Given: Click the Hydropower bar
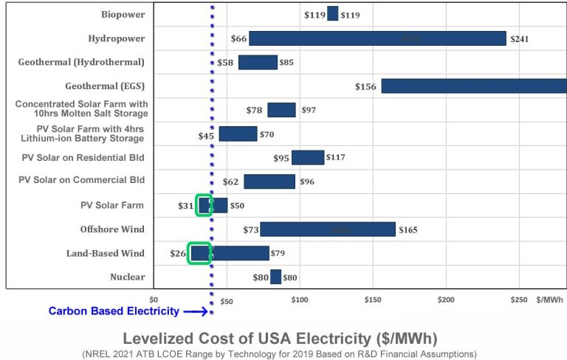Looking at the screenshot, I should pos(377,38).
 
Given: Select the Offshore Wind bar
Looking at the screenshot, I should pos(327,229).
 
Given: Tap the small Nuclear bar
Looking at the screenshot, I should pos(275,277).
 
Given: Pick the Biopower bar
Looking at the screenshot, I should pos(332,14).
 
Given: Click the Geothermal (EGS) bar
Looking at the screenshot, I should pos(473,86).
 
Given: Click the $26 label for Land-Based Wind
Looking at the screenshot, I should pos(178,254).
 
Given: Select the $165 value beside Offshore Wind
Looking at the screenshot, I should pos(408,230).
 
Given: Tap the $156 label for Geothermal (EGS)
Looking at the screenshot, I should pos(366,86).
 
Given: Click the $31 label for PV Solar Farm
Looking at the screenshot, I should pos(185,206).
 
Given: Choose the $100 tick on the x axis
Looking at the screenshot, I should pos(299,300).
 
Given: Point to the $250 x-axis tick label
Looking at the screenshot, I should pos(519,300).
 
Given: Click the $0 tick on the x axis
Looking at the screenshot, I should pos(154,300).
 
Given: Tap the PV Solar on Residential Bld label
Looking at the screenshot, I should pos(81,157).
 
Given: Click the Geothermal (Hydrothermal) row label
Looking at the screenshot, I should pos(81,62).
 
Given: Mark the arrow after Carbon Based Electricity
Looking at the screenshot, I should pos(195,311).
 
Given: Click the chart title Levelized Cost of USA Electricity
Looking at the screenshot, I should pos(280,339).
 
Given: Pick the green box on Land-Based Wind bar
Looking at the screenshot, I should pos(199,253).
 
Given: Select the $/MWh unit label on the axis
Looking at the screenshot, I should pos(549,300).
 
